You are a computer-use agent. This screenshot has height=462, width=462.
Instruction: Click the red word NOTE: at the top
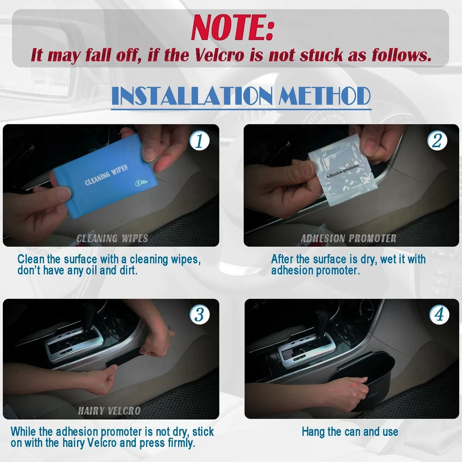(x=232, y=27)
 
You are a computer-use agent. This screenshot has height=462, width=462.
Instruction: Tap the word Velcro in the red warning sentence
(x=219, y=55)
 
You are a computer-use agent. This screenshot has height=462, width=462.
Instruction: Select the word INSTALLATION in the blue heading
(x=192, y=96)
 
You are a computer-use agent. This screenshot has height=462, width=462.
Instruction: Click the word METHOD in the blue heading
(x=324, y=96)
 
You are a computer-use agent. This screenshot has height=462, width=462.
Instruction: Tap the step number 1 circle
(x=200, y=140)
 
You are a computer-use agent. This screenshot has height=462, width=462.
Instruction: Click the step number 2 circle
(x=437, y=140)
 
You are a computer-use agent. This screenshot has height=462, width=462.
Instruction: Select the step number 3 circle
(x=200, y=314)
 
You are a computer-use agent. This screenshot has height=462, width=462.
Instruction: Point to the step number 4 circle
(x=439, y=314)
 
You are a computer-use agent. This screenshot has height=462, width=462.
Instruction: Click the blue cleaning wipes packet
(x=105, y=177)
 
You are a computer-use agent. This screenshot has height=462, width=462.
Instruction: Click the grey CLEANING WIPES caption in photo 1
(x=112, y=238)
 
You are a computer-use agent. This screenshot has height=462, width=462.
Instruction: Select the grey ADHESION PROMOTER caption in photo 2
(x=348, y=238)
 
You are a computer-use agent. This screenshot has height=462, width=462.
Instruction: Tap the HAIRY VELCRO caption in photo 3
(x=109, y=411)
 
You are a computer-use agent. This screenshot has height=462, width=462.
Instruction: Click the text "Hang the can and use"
(x=350, y=432)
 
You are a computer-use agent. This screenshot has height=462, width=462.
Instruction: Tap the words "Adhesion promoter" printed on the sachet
(x=343, y=171)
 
